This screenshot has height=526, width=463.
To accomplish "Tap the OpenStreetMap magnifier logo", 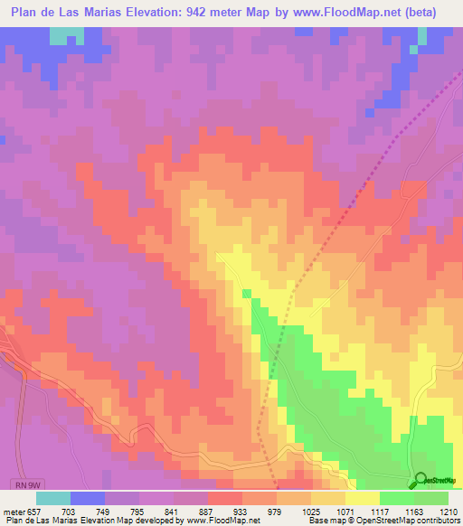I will click(420, 480).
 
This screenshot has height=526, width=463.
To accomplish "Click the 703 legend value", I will click(82, 511).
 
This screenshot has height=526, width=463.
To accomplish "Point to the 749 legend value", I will click(124, 511).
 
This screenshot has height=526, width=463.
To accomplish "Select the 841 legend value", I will click(207, 511).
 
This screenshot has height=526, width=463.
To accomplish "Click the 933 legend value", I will click(289, 511).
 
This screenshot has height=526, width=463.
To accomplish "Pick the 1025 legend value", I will click(373, 511).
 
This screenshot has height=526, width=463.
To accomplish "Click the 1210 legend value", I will click(449, 511).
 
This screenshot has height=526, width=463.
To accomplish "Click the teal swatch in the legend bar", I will click(53, 498).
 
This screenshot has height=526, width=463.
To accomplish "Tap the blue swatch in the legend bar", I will click(88, 498).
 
